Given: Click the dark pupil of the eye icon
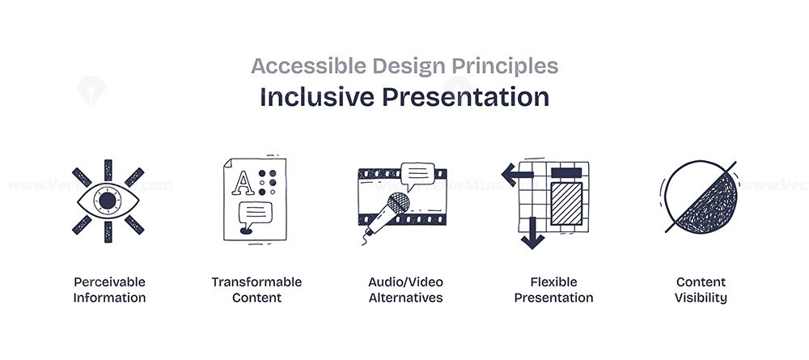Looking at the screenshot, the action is [x=108, y=201].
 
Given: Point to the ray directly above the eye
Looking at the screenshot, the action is [x=108, y=170].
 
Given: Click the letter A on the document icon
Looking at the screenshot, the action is [x=243, y=183].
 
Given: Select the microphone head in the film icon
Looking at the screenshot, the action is [x=398, y=203].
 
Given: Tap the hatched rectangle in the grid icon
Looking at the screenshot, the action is [x=566, y=203].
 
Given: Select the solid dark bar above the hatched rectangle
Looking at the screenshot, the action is [x=566, y=172].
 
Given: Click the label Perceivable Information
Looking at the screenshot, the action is [x=109, y=290].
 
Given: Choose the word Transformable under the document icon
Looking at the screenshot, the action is [x=256, y=282].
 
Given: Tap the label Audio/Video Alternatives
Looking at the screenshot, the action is [x=405, y=290].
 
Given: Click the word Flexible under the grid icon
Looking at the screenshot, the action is [x=553, y=282].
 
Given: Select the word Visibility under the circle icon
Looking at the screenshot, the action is [x=701, y=298].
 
